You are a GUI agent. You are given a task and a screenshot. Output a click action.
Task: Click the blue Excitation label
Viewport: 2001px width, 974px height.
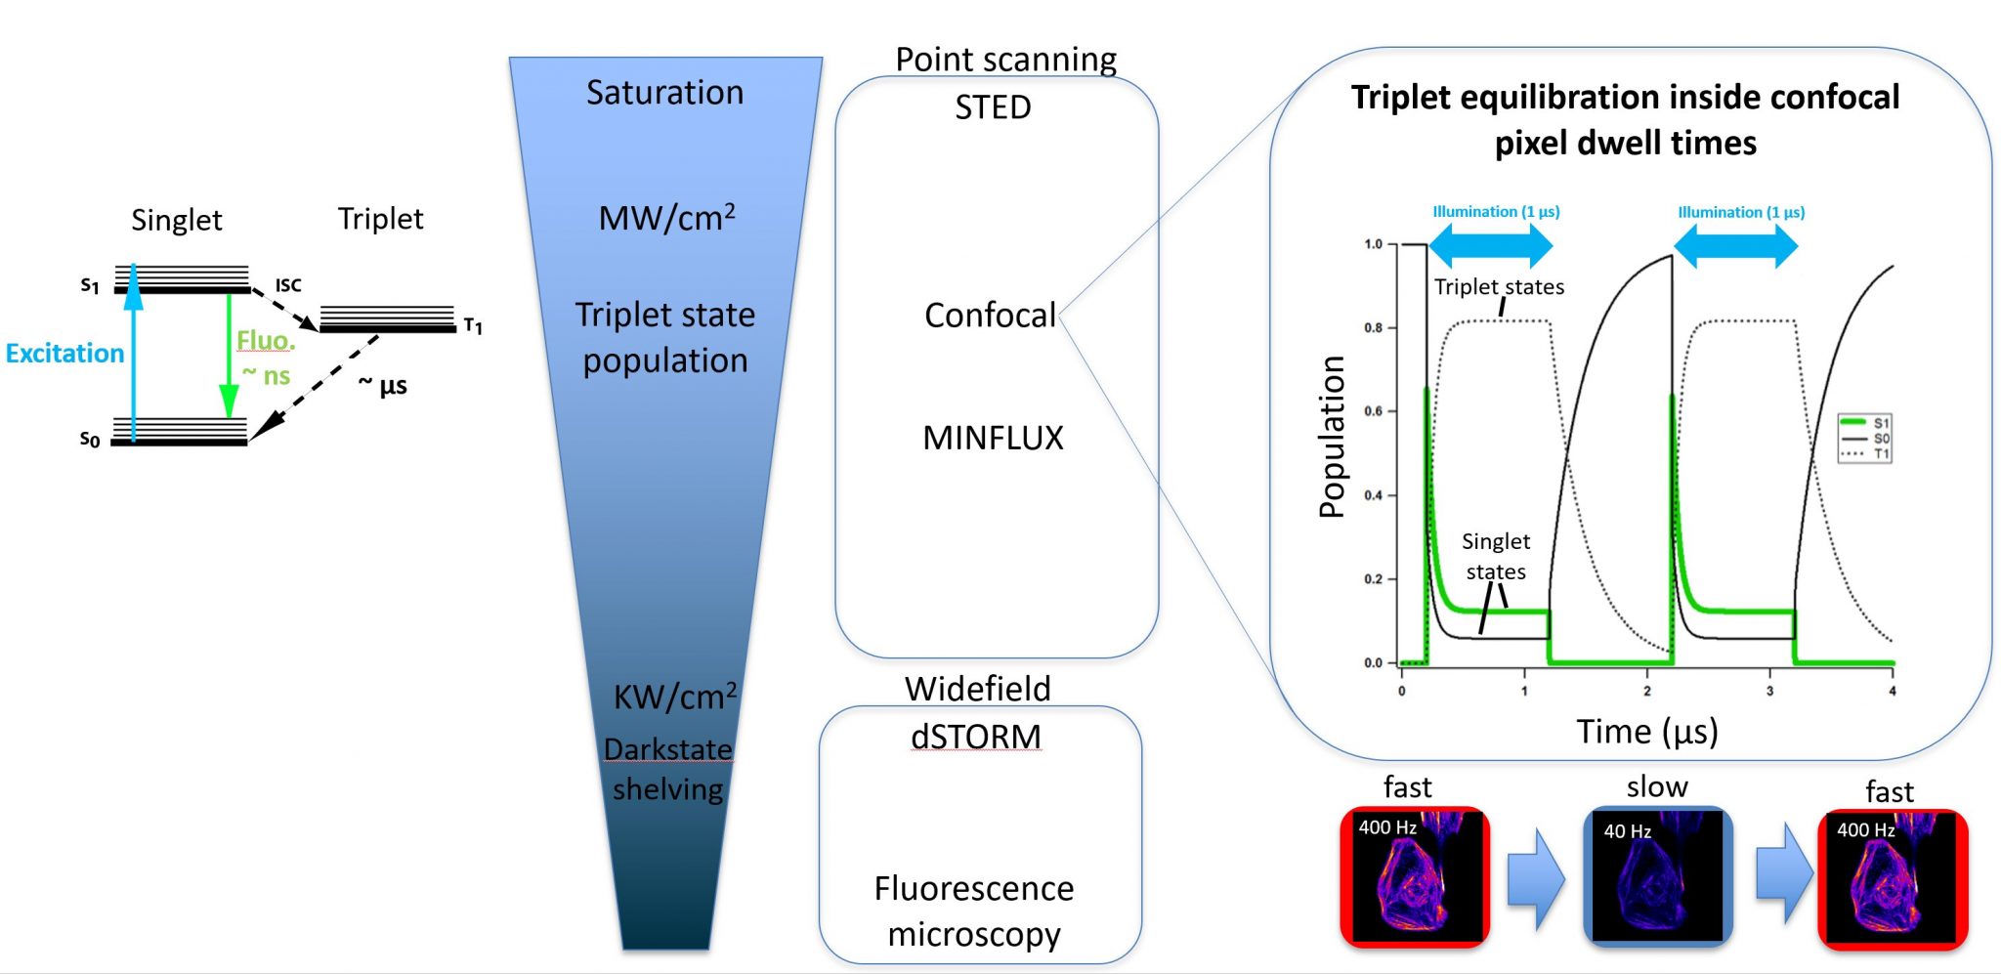64,353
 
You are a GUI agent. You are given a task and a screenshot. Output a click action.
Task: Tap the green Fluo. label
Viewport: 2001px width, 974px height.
265,340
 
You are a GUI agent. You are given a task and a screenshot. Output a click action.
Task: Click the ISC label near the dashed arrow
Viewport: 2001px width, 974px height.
288,285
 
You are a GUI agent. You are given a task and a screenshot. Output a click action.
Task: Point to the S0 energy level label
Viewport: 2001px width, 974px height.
90,440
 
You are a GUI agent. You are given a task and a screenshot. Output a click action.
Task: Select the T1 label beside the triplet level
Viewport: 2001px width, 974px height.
473,325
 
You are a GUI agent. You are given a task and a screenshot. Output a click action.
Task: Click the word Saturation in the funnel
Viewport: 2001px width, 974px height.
664,93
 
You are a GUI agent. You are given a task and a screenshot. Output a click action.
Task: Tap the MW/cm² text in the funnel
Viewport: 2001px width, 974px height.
666,217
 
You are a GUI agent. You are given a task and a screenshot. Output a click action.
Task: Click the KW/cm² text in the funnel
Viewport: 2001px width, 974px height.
674,697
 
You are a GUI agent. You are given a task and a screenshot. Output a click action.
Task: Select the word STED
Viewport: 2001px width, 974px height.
993,106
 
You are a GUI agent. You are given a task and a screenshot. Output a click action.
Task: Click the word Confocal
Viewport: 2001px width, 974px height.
990,316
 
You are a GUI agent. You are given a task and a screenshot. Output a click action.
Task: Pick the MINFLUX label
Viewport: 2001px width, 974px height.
993,438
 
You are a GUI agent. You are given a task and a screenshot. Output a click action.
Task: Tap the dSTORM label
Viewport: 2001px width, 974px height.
975,737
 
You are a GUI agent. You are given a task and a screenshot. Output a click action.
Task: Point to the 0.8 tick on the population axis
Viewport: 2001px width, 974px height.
1374,328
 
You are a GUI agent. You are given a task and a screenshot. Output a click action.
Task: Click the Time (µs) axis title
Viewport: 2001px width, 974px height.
1647,732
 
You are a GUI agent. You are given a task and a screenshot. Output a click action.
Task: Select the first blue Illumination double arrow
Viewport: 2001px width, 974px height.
1490,245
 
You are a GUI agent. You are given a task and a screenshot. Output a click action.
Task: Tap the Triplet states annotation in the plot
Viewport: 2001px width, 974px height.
1499,287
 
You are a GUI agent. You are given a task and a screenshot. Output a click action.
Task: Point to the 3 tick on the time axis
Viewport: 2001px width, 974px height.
1769,691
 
